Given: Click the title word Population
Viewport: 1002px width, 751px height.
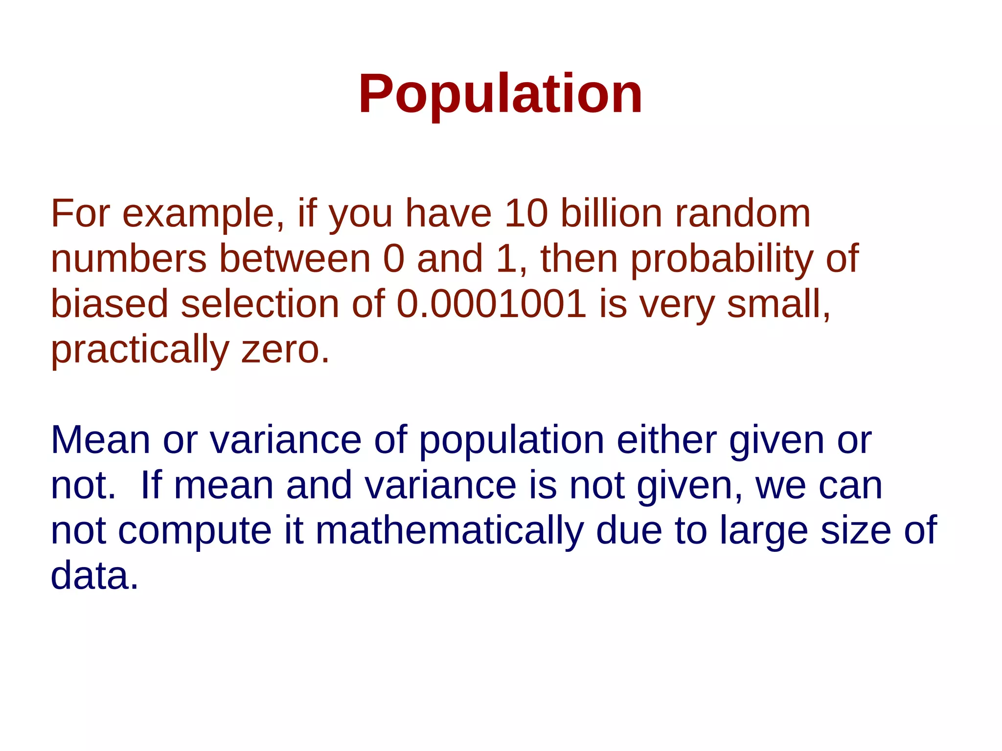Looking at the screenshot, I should [500, 94].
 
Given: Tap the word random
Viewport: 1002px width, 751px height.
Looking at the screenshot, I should [743, 214].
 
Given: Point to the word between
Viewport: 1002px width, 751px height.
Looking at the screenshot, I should [295, 259].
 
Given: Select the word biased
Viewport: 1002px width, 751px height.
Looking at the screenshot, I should [110, 304].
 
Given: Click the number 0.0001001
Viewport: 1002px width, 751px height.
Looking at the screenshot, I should [491, 304].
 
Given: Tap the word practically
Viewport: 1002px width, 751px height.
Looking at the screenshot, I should [140, 350].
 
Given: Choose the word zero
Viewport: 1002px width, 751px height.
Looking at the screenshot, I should [285, 349].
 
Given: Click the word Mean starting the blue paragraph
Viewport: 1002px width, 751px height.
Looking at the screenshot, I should [101, 440].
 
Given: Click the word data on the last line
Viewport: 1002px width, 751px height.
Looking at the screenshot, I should [94, 576].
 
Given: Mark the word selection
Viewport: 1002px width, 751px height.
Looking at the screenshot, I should [260, 304].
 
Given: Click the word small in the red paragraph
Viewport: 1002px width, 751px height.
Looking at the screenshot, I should [778, 304].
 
